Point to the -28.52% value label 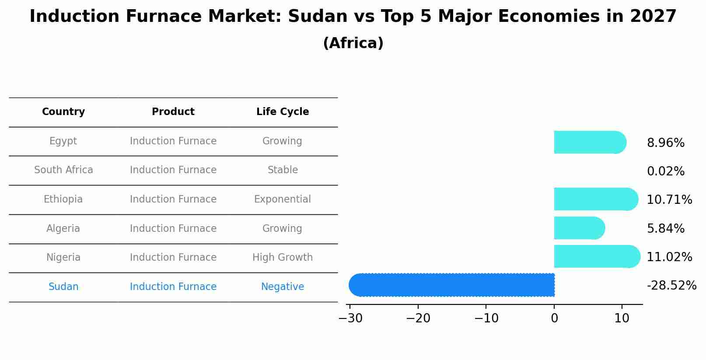pos(671,286)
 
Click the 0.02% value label pos(665,171)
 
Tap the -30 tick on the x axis pos(350,318)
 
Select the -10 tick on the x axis pos(486,318)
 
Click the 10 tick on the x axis pos(622,318)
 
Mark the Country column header pos(63,112)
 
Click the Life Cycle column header pos(283,112)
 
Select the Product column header pos(173,112)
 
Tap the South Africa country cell pos(63,170)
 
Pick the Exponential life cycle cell pos(283,199)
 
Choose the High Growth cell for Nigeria pos(283,257)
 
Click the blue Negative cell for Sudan pos(283,287)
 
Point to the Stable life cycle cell pos(283,170)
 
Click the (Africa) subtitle pos(353,43)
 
